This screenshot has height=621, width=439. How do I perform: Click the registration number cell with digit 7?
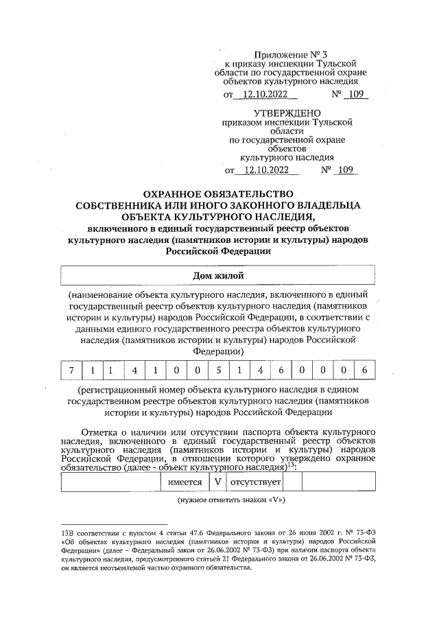tap(71, 371)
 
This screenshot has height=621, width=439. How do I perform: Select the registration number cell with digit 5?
tap(218, 371)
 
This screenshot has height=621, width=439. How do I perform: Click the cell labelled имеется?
tap(185, 482)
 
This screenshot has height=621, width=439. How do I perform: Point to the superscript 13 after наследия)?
tap(291, 465)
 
